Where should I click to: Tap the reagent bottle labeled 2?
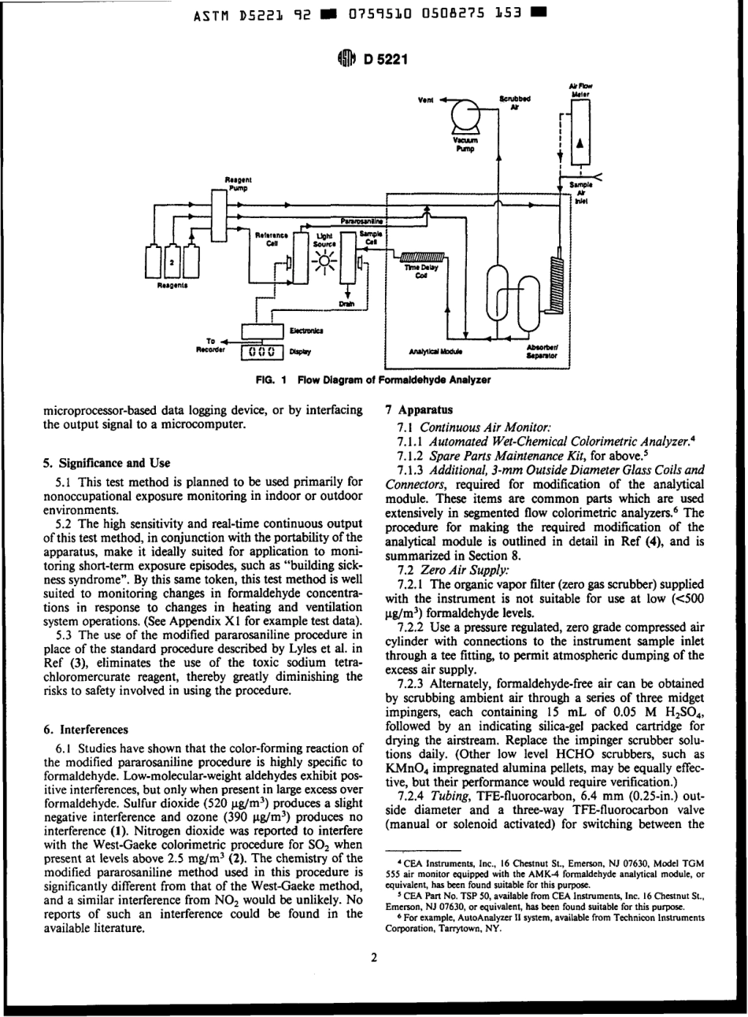click(172, 259)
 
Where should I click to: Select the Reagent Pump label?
click(236, 183)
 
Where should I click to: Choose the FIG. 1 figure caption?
click(374, 379)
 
